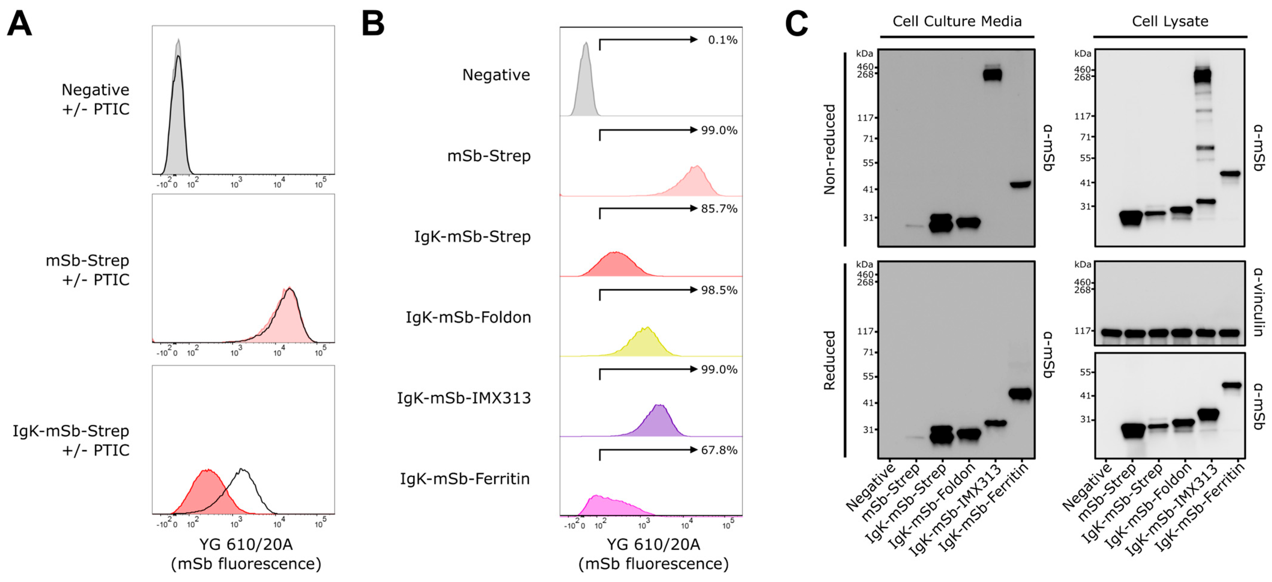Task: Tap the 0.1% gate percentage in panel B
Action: click(722, 40)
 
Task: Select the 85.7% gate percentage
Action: click(719, 209)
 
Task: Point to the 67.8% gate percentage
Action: click(719, 450)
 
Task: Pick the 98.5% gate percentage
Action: click(719, 290)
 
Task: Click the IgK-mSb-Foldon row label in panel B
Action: click(468, 317)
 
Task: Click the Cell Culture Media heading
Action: click(957, 21)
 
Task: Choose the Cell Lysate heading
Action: click(1170, 21)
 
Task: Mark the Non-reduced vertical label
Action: click(830, 149)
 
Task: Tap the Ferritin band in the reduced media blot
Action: click(1020, 393)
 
